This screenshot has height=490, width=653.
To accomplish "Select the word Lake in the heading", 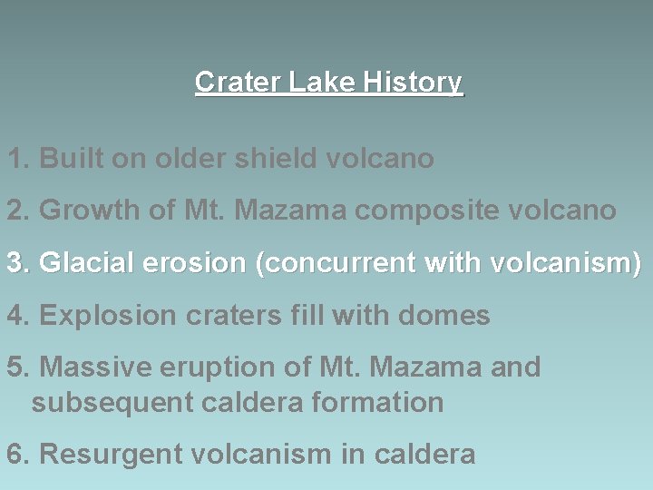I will coord(324,83).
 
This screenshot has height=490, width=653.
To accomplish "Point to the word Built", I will coord(72,159).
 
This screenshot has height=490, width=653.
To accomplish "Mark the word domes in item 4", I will coord(448,317).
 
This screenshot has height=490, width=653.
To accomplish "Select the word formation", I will coord(375,403).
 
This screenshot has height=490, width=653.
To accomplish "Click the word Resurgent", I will coord(102,455).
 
